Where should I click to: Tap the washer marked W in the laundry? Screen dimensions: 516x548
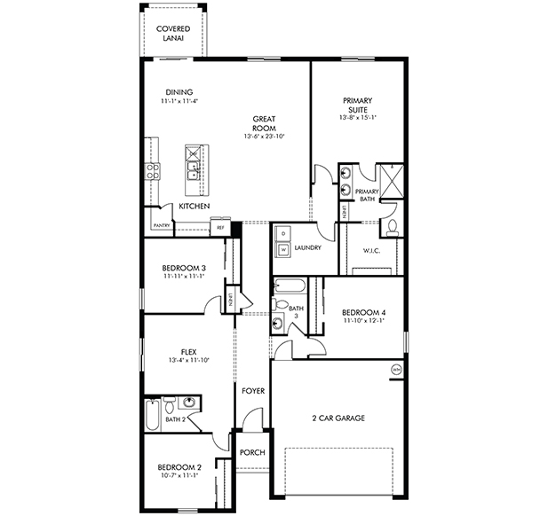point(284,251)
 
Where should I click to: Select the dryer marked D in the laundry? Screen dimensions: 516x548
point(284,233)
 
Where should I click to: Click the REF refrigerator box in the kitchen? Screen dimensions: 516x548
point(220,228)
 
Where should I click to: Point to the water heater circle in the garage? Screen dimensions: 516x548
point(394,369)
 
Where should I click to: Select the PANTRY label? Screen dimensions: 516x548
point(161,225)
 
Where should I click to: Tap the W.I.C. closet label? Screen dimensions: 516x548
point(371,249)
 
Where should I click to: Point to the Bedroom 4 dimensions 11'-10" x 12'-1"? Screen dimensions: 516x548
point(363,322)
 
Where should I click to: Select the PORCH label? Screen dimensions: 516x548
point(252,452)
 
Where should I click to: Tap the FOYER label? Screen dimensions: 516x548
point(251,390)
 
